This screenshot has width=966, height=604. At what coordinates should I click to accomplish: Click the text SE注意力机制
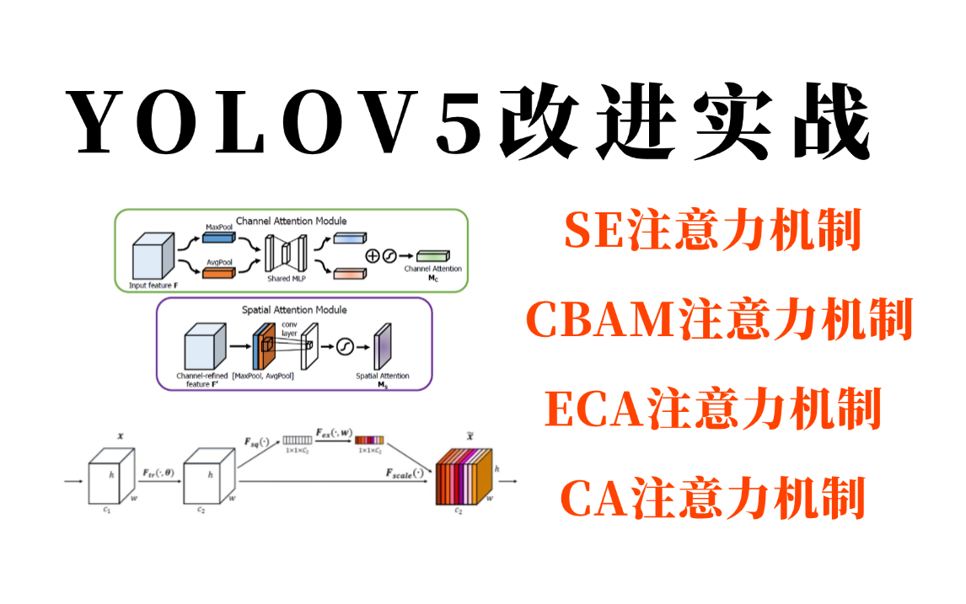point(713,230)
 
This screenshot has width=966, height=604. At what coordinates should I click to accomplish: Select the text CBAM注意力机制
point(720,319)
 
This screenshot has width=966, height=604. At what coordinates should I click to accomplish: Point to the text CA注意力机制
point(713,497)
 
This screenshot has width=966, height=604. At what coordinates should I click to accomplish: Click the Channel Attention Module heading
point(291,221)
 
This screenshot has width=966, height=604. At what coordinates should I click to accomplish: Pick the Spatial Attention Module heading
point(294,310)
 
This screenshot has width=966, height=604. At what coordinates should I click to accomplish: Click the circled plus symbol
point(372,255)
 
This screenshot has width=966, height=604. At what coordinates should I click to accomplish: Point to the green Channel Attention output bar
point(432,255)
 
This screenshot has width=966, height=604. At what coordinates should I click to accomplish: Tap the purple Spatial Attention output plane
point(382,345)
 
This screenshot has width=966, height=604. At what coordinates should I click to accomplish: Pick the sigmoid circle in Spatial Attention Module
point(343,346)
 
